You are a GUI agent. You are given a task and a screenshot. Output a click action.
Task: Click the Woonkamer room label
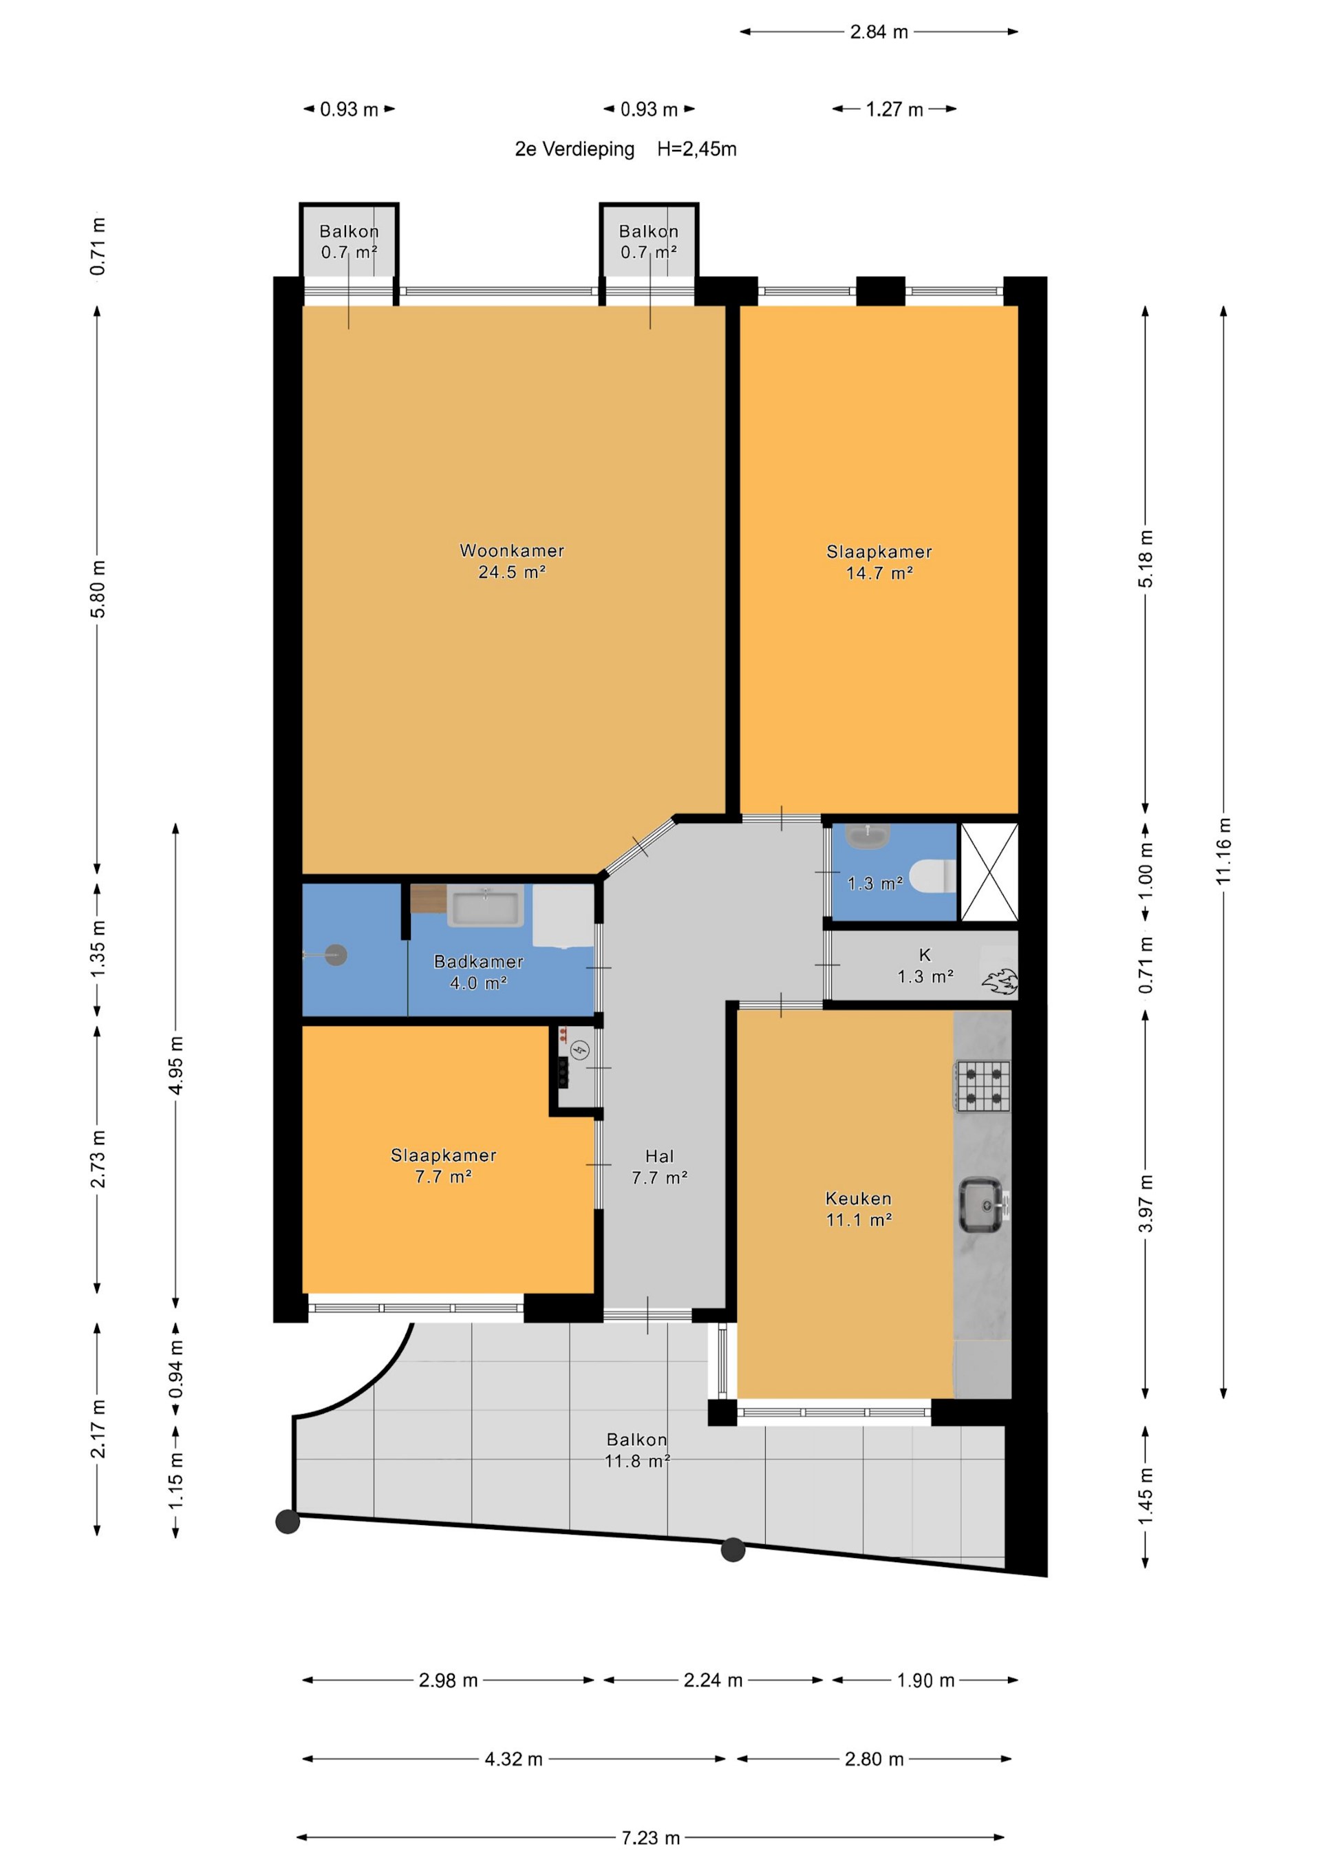pyautogui.click(x=511, y=551)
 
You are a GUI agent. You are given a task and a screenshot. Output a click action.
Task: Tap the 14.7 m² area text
pyautogui.click(x=879, y=573)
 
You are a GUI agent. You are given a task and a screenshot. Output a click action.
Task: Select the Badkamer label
pyautogui.click(x=479, y=961)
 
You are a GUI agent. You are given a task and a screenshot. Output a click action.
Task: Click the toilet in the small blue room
pyautogui.click(x=932, y=876)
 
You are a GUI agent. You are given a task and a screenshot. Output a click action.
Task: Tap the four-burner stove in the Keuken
pyautogui.click(x=983, y=1086)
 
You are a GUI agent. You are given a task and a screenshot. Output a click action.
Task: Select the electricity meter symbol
pyautogui.click(x=579, y=1051)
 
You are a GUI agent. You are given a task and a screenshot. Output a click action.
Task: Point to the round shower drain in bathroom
pyautogui.click(x=336, y=955)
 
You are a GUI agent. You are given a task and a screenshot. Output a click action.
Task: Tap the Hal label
pyautogui.click(x=659, y=1156)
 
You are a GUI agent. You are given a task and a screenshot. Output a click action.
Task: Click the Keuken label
pyautogui.click(x=859, y=1198)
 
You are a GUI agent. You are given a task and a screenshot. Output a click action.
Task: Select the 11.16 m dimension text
pyautogui.click(x=1223, y=851)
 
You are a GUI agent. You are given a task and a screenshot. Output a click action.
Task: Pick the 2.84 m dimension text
pyautogui.click(x=879, y=32)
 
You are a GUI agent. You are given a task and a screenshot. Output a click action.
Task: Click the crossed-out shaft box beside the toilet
pyautogui.click(x=989, y=872)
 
